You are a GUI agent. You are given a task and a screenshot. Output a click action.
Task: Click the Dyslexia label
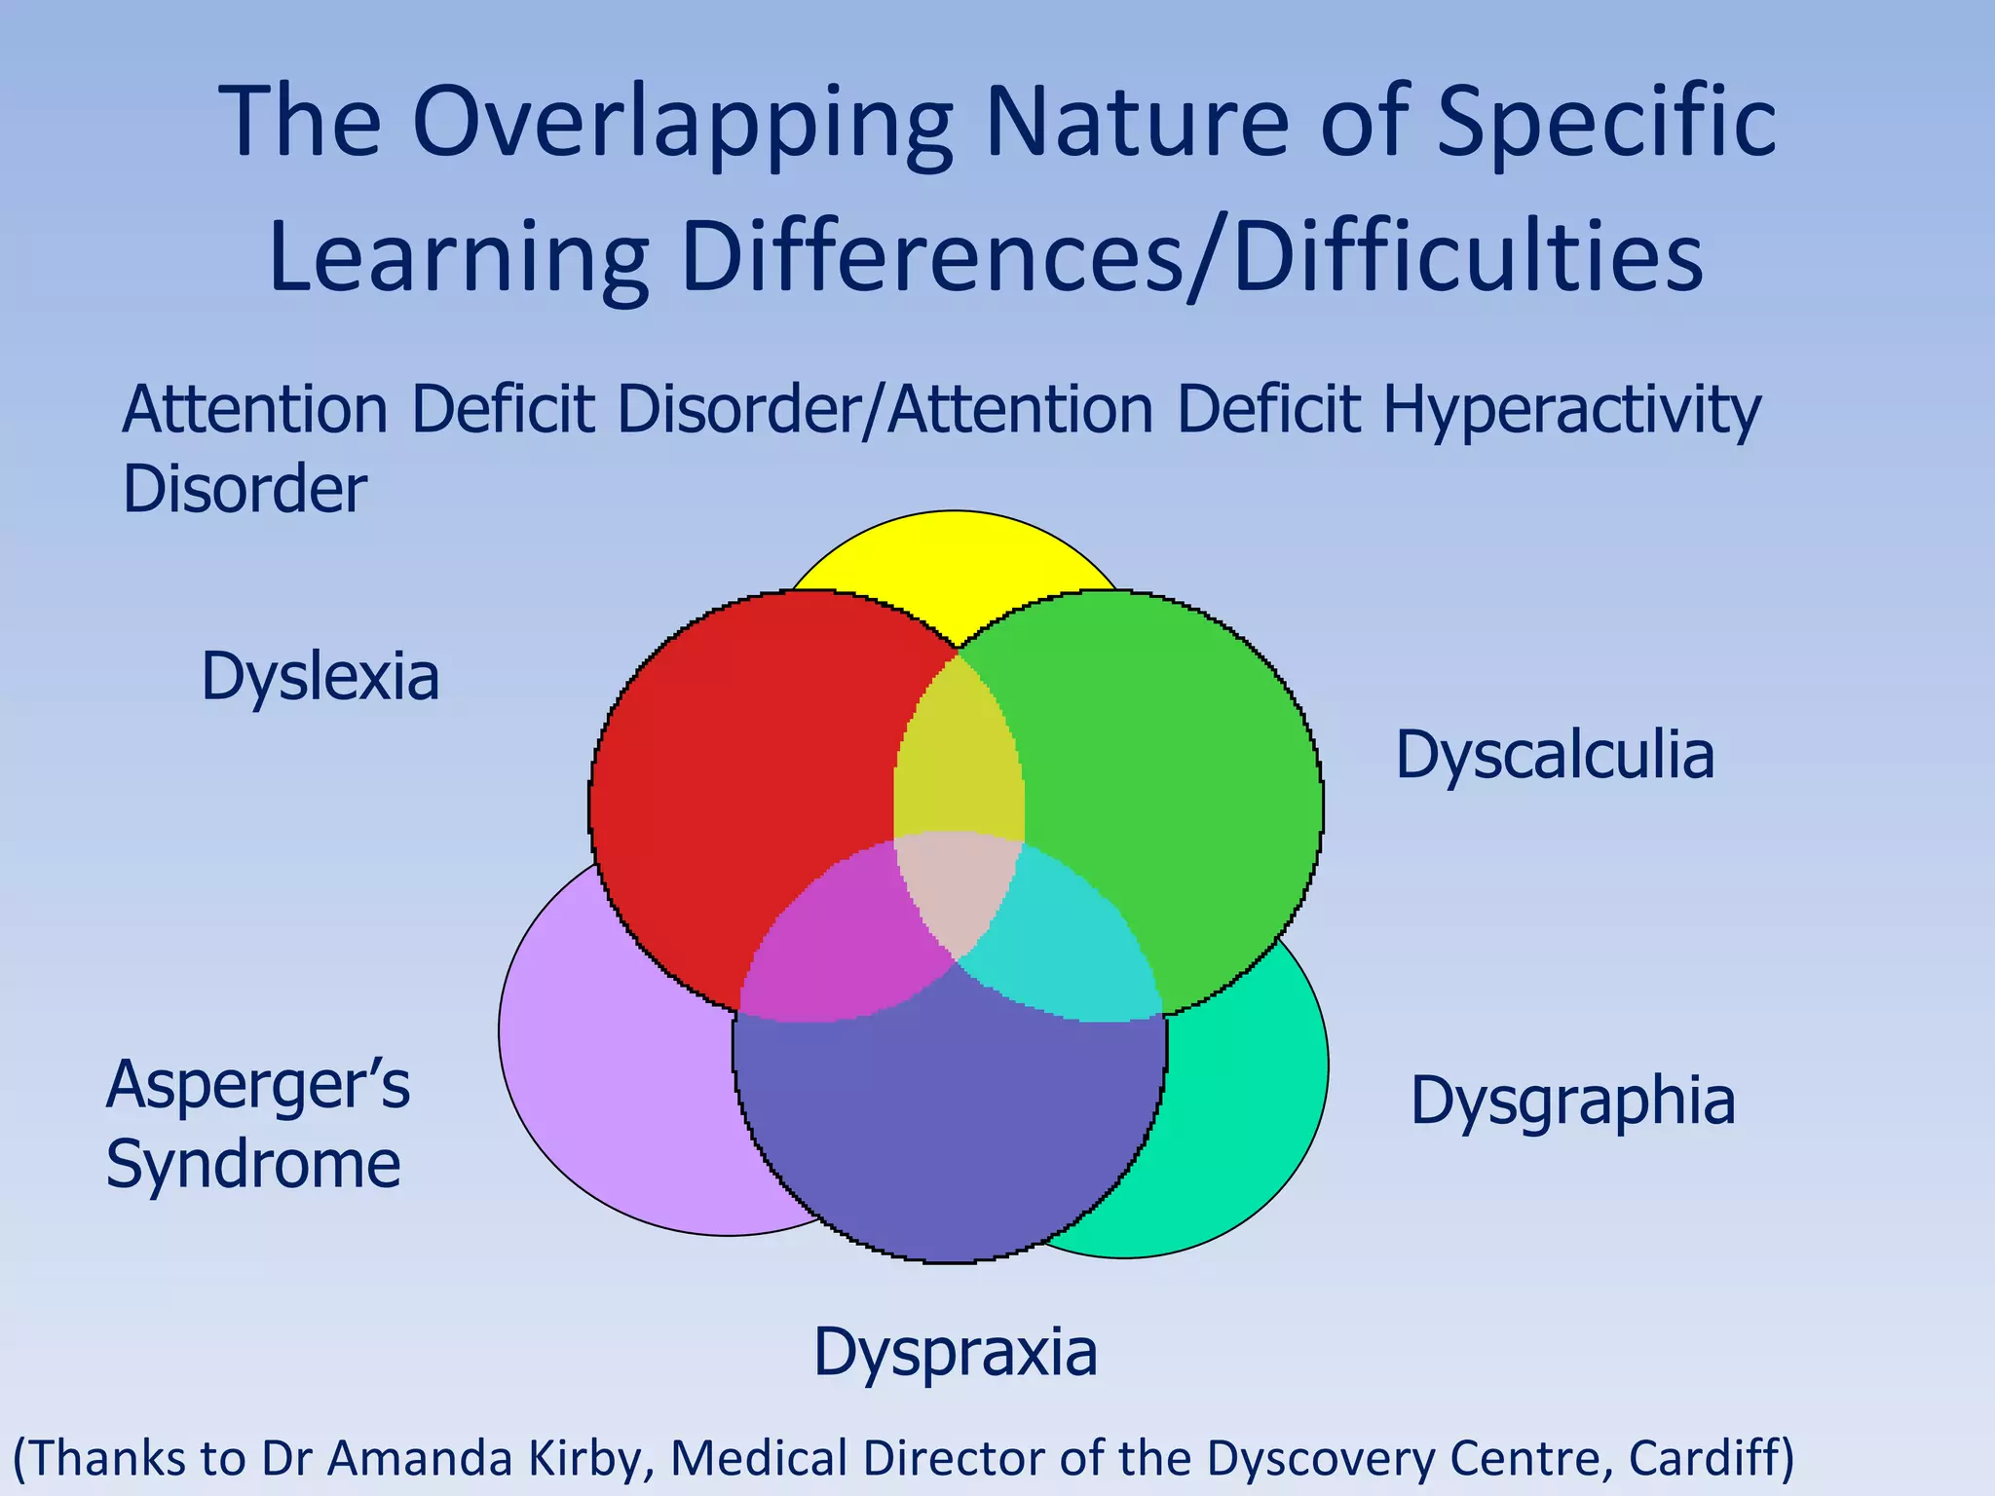pos(320,678)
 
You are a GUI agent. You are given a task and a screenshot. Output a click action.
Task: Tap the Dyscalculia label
pos(1554,756)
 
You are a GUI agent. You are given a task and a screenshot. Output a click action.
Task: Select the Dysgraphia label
pos(1572,1102)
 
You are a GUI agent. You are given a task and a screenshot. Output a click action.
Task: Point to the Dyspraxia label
pos(955,1353)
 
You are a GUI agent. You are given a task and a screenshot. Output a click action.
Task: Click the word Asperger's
pos(257,1085)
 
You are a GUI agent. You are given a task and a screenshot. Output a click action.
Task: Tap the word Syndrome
pos(252,1164)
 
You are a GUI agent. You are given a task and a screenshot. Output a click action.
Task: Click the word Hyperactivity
pos(1571,411)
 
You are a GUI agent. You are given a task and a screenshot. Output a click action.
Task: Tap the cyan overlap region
pos(1072,950)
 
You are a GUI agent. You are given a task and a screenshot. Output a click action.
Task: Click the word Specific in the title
pos(1606,125)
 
